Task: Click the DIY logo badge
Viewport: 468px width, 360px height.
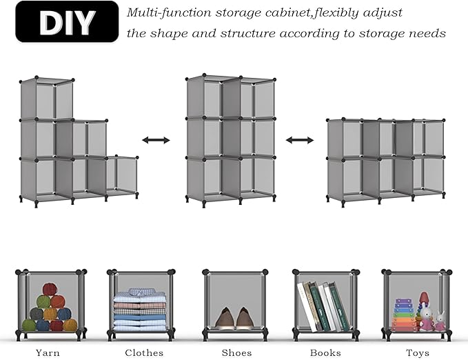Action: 67,23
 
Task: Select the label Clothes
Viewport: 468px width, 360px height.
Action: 144,352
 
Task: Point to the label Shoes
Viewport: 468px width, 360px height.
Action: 236,352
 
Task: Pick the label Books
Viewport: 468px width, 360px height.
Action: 325,352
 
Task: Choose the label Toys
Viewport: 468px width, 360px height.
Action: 417,352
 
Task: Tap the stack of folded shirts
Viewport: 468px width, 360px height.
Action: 140,311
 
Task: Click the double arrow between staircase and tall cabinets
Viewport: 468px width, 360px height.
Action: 156,140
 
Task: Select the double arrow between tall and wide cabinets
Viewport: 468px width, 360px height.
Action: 300,140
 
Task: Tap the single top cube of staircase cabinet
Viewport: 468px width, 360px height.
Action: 46,99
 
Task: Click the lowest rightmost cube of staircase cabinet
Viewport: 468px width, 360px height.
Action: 121,177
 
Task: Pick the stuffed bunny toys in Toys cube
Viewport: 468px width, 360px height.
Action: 432,319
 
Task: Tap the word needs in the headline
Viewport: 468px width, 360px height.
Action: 429,33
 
